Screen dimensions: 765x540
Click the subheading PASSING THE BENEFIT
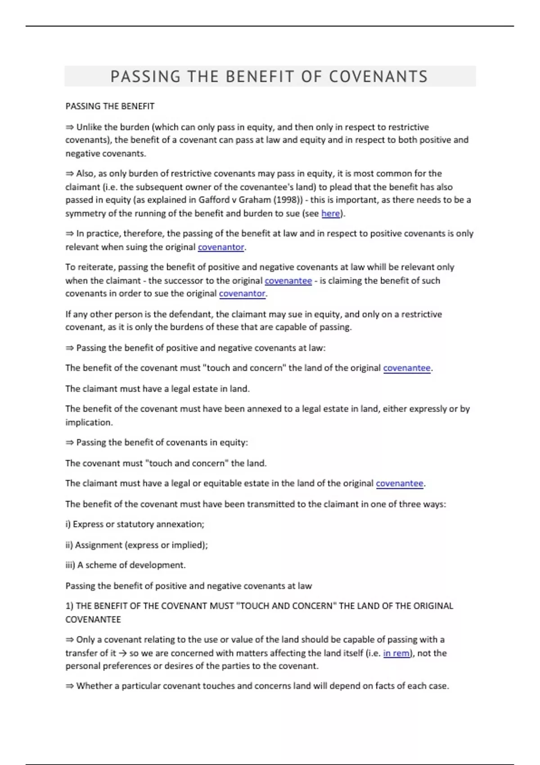pos(110,106)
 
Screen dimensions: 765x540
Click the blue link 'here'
pos(330,213)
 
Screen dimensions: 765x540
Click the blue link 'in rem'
pos(396,653)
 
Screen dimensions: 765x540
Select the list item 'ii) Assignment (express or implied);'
pos(137,545)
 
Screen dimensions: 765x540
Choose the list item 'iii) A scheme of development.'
pos(126,565)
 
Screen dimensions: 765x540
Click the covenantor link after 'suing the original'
pos(221,247)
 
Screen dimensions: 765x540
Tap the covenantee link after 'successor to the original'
pos(288,281)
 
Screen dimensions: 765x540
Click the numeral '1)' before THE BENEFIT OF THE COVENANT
pos(69,606)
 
